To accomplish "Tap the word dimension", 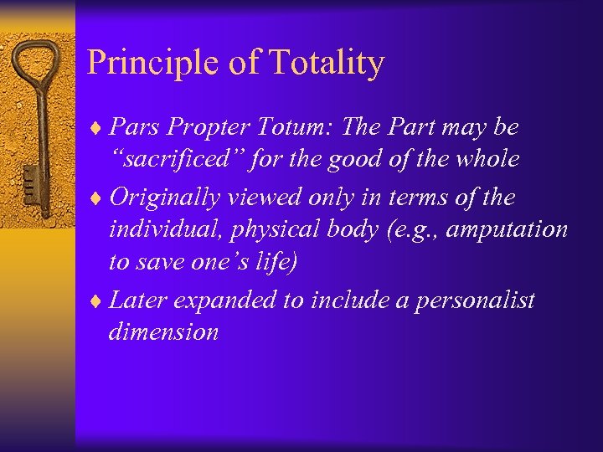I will [163, 331].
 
